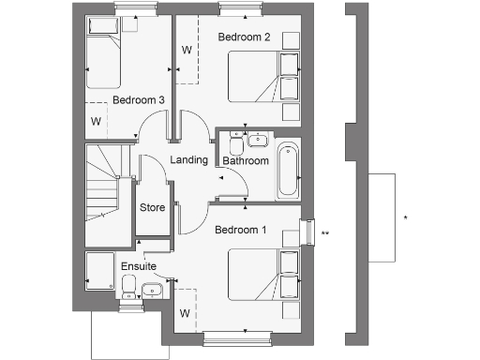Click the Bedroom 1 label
240,230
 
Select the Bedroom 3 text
139,99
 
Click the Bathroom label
246,161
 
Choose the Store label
153,207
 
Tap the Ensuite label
139,267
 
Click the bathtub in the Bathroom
288,169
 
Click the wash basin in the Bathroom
258,142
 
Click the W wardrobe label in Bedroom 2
187,50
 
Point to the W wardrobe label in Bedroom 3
96,121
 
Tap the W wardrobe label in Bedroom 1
185,313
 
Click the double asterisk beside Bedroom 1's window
324,232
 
